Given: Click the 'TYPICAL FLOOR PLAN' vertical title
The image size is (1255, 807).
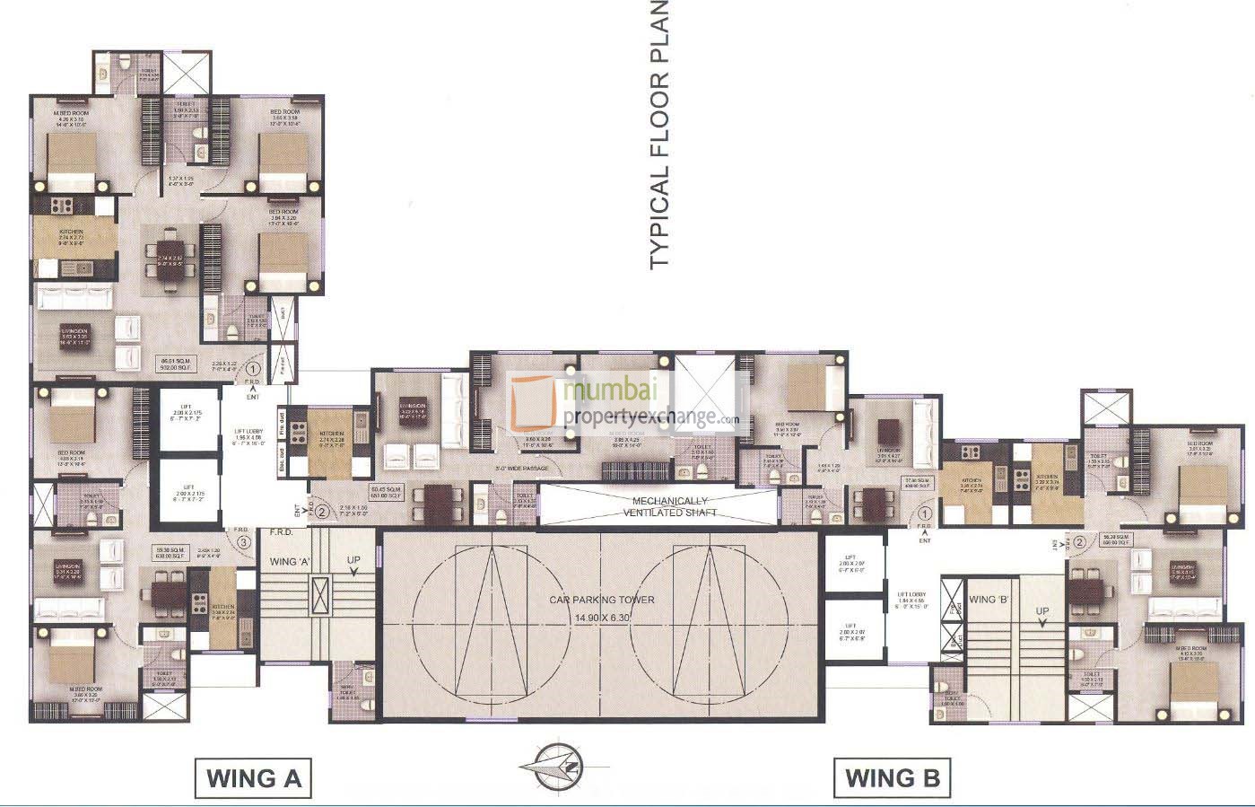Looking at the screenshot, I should click(659, 135).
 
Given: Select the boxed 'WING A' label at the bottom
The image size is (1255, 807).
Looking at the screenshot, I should click(253, 777).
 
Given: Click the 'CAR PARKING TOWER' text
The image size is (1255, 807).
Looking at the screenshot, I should click(602, 600).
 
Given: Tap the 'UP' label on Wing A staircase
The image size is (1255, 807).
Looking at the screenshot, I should click(354, 560).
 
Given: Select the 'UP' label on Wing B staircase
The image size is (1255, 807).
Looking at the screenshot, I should click(1042, 611).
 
